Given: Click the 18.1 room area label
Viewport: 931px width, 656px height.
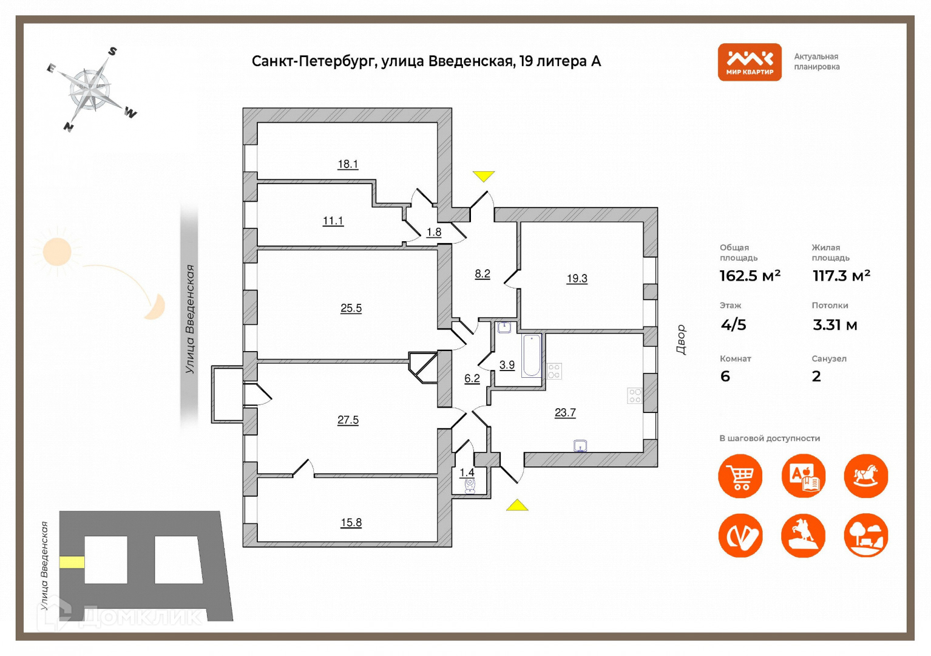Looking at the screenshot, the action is (348, 164).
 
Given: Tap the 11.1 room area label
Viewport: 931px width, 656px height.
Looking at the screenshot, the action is (333, 220).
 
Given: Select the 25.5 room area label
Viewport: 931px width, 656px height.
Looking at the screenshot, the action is (351, 308).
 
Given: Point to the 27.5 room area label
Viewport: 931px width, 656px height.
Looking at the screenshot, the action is (348, 420).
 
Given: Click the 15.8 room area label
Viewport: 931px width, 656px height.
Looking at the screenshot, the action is (351, 522).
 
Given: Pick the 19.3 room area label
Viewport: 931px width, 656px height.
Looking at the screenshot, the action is (577, 278).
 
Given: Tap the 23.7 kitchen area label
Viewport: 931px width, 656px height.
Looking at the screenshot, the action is (565, 412).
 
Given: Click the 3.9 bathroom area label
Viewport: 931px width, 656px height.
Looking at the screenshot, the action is (507, 365).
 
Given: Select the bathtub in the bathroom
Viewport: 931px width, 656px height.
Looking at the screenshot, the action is (532, 355).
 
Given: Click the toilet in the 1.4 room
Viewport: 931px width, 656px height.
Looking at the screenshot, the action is (469, 485).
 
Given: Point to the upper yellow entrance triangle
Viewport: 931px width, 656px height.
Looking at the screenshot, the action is (484, 176).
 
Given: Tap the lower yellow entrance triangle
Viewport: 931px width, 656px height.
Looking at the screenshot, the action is (517, 505).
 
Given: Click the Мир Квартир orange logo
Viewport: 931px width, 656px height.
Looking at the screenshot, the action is (750, 62).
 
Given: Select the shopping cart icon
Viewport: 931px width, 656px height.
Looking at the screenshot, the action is (740, 476).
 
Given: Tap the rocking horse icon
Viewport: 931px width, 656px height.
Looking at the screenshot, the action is (865, 476).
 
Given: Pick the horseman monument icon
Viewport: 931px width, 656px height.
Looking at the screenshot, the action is (803, 536).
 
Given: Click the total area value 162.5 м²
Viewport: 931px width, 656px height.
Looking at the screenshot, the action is (750, 276).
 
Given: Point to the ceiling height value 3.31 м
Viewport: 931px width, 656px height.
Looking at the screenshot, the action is (835, 325).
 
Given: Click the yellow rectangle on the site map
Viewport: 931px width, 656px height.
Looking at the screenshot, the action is (72, 562).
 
